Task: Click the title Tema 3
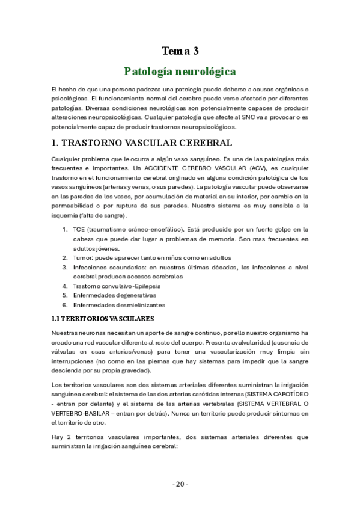[x=180, y=51]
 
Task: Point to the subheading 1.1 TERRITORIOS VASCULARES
[x=103, y=318]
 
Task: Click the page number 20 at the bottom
[x=180, y=484]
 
